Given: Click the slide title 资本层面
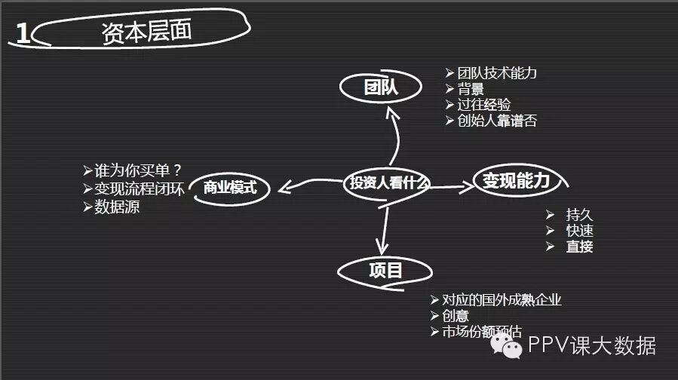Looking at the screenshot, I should click(146, 31).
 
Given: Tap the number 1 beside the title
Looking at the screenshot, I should click(23, 35).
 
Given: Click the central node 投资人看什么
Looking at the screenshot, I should click(388, 182).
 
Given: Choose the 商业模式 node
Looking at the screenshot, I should click(230, 188).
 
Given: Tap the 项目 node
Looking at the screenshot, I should click(385, 270).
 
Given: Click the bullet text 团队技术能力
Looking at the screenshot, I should click(497, 74).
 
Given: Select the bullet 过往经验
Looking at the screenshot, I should click(484, 106).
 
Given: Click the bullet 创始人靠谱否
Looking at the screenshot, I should click(497, 121).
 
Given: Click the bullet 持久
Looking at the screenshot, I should click(579, 213).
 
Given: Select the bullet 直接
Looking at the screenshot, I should click(579, 247).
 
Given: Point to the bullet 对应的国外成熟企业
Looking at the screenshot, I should click(502, 300).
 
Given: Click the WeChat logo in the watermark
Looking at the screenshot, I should click(508, 346).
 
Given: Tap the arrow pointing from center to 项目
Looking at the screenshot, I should click(385, 230).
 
